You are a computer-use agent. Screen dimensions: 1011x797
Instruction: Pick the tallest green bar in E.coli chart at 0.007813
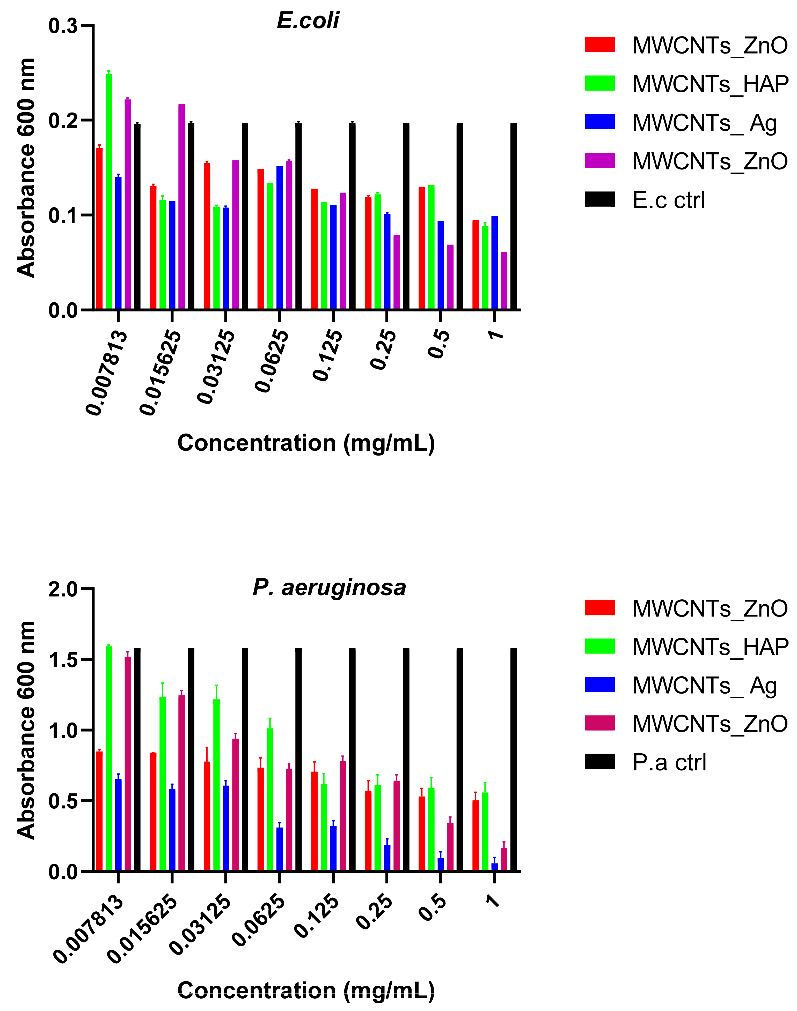109,191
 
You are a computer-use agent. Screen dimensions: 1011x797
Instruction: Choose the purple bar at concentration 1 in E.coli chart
504,281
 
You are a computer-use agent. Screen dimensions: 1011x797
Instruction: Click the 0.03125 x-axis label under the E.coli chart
216,366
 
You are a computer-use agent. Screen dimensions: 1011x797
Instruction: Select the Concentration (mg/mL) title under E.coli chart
306,443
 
